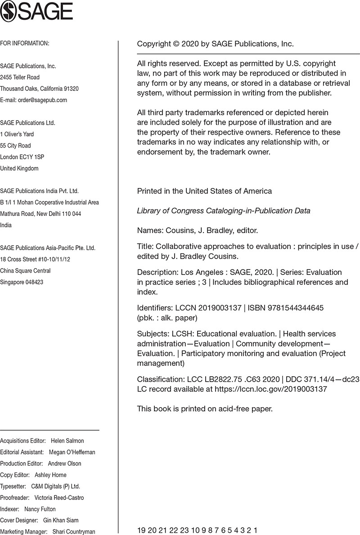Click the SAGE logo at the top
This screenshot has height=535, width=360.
pyautogui.click(x=37, y=12)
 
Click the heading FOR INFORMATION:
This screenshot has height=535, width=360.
pyautogui.click(x=24, y=43)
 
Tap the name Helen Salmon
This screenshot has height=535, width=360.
pyautogui.click(x=67, y=441)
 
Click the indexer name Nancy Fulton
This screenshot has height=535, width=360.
pyautogui.click(x=40, y=509)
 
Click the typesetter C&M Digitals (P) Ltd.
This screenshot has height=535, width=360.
pyautogui.click(x=55, y=486)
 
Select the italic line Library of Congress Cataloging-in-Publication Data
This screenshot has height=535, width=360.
pyautogui.click(x=223, y=211)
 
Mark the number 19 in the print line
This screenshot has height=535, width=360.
pyautogui.click(x=141, y=530)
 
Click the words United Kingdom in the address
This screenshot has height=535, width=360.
pyautogui.click(x=19, y=168)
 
